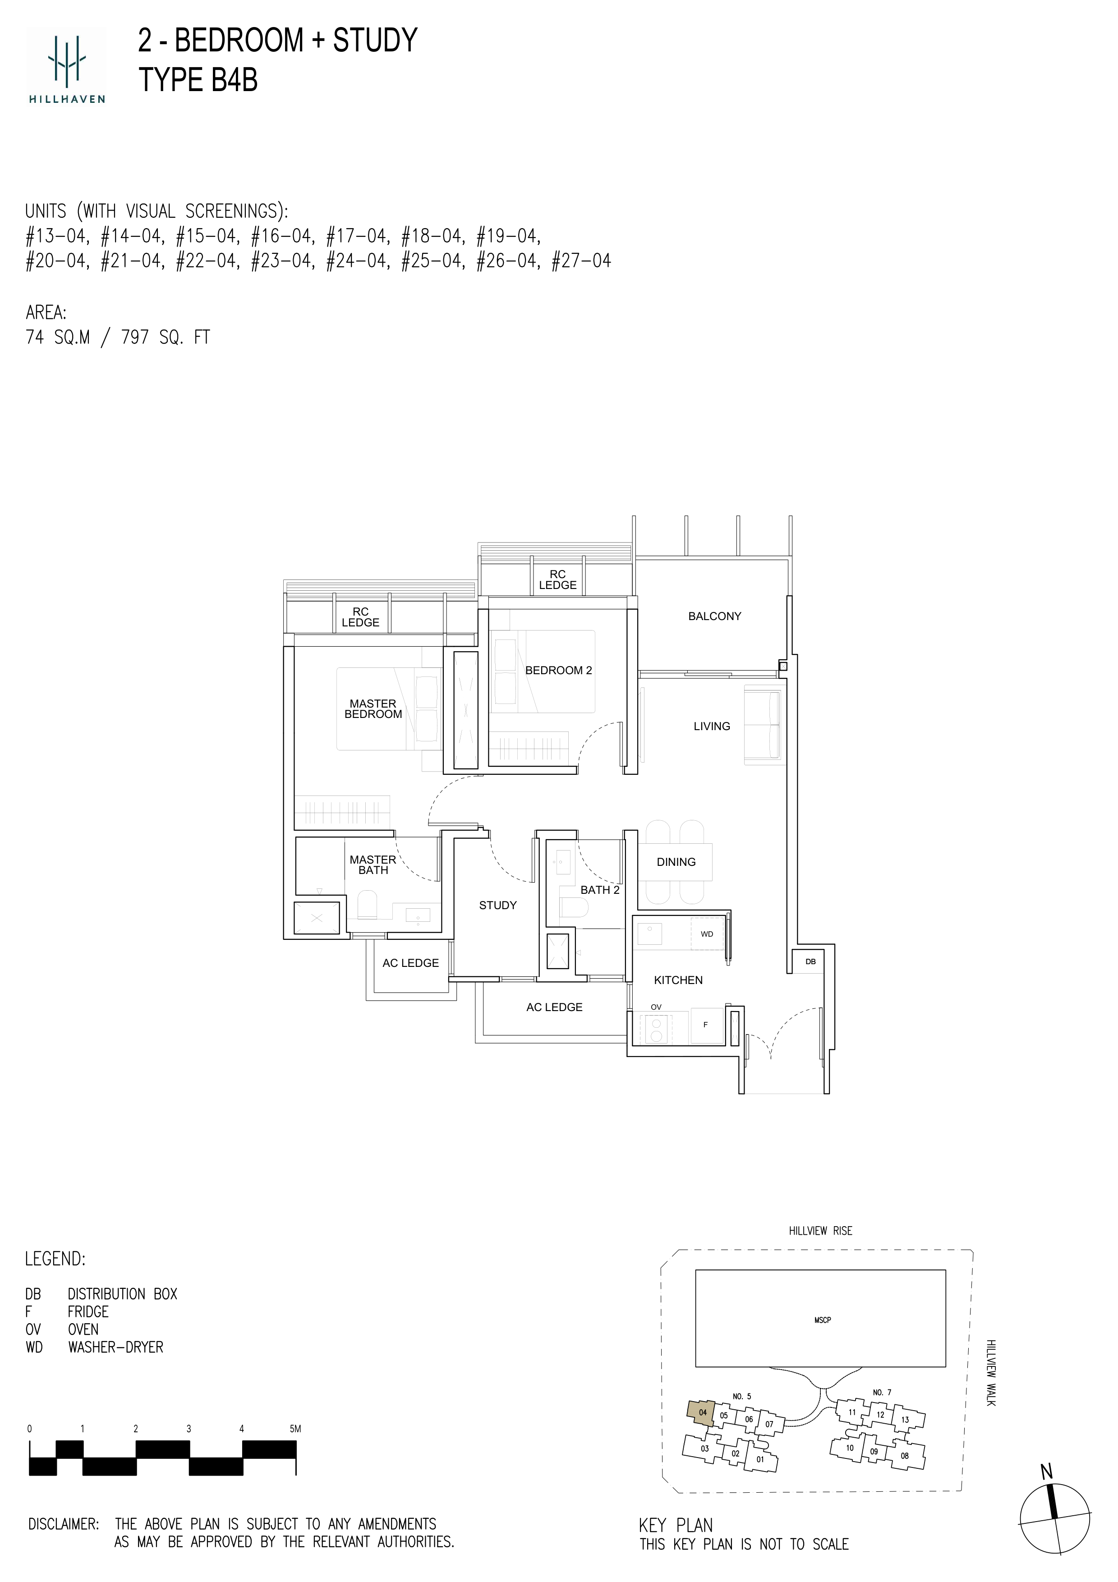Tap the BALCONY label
(714, 616)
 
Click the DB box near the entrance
(810, 961)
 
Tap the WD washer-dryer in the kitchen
(708, 934)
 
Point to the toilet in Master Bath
(367, 905)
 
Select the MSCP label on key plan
(823, 1320)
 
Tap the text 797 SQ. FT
(166, 338)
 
